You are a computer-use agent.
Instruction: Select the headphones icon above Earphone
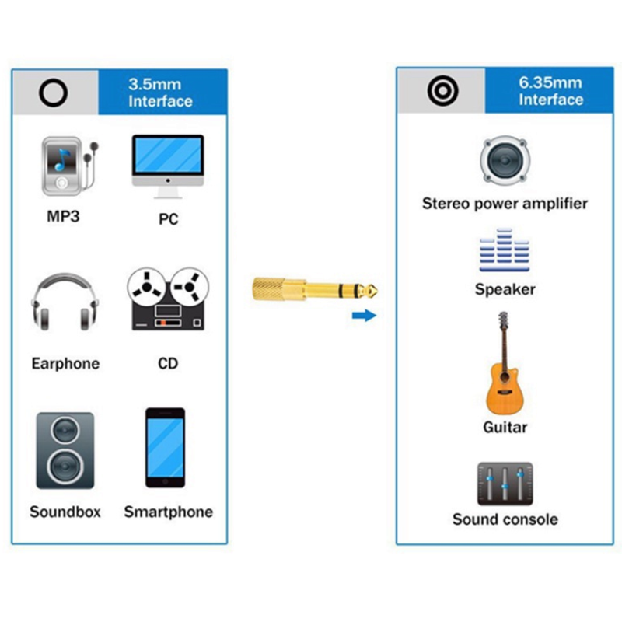point(65,302)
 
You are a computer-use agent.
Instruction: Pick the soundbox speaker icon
point(65,451)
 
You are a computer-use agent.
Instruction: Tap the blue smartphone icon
point(166,448)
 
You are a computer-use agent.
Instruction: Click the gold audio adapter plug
point(314,290)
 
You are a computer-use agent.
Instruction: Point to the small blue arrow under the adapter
point(363,315)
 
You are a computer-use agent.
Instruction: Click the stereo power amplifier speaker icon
point(504,161)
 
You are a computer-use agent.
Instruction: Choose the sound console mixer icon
point(505,484)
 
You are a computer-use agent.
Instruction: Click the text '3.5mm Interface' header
point(160,93)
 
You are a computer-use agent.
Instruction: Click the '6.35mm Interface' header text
point(550,91)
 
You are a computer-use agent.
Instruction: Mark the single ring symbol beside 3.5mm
point(54,93)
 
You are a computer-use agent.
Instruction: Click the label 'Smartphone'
point(168,512)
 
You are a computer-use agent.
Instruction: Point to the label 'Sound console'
point(505,519)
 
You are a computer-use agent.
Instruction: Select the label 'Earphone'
point(65,363)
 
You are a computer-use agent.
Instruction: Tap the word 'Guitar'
point(505,427)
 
